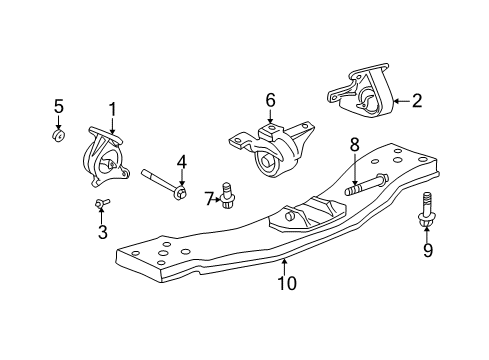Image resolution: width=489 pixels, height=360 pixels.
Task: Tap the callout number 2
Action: tap(416, 99)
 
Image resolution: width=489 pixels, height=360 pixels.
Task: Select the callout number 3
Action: tap(102, 233)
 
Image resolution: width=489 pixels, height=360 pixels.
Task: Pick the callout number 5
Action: tap(58, 106)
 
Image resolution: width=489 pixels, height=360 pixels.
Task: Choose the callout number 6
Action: tap(270, 100)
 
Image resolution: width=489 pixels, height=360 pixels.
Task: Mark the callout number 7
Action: tap(210, 200)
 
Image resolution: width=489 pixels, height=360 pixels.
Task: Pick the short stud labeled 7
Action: tap(228, 195)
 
